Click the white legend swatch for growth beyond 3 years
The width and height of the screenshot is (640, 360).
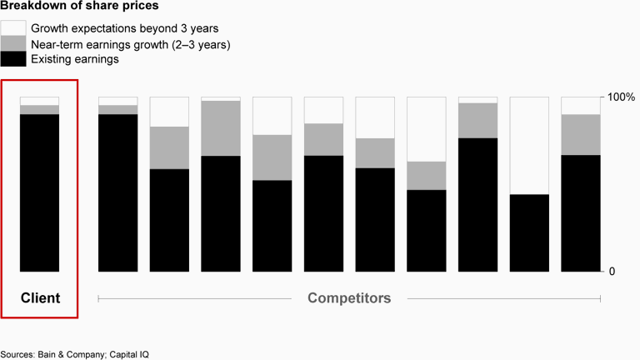[13, 28]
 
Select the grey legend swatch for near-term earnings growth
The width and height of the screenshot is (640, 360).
[13, 44]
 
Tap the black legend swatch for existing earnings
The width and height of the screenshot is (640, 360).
[13, 59]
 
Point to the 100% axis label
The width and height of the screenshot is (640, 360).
[622, 97]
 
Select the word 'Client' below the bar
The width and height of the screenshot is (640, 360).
[40, 297]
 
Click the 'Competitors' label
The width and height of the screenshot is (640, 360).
[349, 297]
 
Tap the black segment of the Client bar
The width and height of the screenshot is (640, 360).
[39, 192]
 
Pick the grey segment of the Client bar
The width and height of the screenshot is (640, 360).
[39, 109]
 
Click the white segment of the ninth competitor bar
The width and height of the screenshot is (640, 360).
[529, 145]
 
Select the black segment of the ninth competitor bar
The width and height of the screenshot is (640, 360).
[529, 232]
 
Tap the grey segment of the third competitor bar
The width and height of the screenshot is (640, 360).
[221, 128]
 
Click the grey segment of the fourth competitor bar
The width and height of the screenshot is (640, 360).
[272, 157]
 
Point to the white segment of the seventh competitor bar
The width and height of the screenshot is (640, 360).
[427, 129]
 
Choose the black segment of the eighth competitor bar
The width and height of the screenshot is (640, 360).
[477, 204]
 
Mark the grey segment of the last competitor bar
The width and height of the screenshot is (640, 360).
[580, 134]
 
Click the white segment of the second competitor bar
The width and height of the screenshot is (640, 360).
[169, 112]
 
